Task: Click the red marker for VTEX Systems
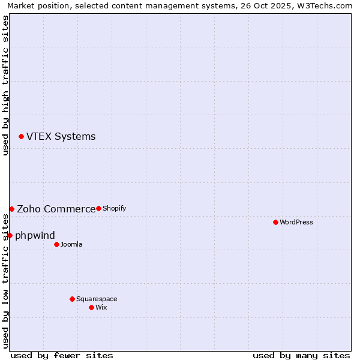(x=22, y=137)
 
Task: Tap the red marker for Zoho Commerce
(x=11, y=209)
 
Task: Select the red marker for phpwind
(x=10, y=235)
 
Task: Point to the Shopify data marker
(x=98, y=208)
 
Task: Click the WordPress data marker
(x=275, y=222)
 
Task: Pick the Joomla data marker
(x=56, y=244)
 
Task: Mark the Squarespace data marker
(x=72, y=299)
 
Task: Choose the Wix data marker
(x=91, y=307)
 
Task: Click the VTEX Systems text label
(x=61, y=137)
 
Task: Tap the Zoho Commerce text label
(x=56, y=209)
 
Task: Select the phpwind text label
(x=35, y=235)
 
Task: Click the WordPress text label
(x=296, y=222)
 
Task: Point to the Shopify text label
(x=114, y=208)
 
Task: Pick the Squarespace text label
(x=97, y=299)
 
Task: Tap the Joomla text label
(x=71, y=244)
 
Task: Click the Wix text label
(x=101, y=307)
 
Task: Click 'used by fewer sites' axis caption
(x=62, y=355)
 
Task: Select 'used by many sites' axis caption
(x=301, y=355)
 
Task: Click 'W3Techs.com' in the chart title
(x=326, y=6)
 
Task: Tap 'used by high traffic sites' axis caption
(x=6, y=85)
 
